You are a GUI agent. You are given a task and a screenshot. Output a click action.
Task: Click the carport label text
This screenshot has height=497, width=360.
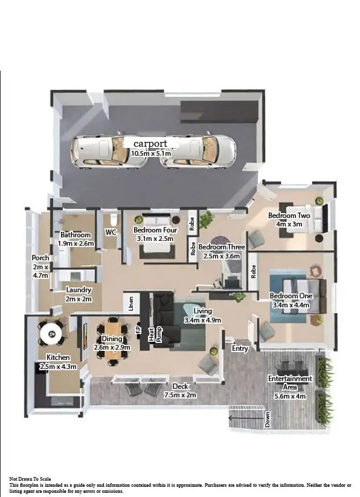(x=150, y=144)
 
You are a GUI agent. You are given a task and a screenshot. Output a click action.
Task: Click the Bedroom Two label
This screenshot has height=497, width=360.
(x=289, y=216)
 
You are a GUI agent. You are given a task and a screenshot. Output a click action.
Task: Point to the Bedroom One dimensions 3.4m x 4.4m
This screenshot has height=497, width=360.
(x=291, y=305)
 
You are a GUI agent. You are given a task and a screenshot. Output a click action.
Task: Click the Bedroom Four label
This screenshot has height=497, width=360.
(x=155, y=230)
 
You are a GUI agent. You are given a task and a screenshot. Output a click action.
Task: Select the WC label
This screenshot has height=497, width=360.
(x=111, y=232)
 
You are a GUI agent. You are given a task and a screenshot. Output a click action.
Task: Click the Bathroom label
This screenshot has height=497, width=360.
(x=76, y=235)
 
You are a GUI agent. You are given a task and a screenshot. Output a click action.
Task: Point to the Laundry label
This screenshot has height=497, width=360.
(x=79, y=290)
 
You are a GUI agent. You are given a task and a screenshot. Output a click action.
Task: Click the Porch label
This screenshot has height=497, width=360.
(x=40, y=258)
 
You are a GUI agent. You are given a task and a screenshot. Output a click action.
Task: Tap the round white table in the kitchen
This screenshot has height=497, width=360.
(x=51, y=332)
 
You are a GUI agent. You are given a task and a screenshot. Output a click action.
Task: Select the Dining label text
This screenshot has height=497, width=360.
(x=112, y=339)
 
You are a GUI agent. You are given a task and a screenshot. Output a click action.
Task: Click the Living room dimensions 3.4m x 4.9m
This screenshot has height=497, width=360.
(x=203, y=320)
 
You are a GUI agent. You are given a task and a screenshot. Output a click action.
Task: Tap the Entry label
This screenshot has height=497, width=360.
(x=240, y=348)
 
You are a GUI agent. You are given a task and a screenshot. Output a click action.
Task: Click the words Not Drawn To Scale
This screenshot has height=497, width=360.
(x=34, y=478)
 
